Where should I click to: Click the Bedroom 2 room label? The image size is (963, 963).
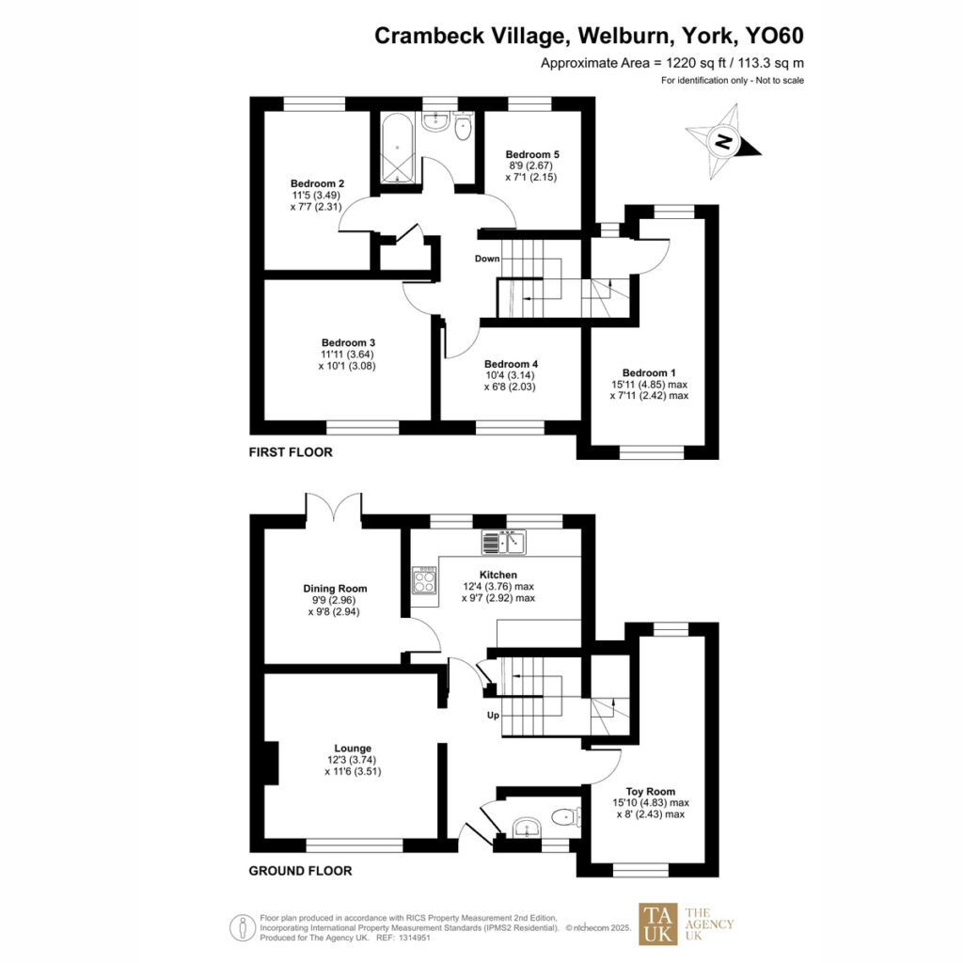coord(318,183)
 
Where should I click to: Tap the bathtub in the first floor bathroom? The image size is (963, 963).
coord(398,148)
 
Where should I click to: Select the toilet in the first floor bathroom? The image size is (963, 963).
coord(463,127)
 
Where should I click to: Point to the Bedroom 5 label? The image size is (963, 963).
coord(532,154)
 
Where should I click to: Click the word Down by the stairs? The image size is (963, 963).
coord(487,259)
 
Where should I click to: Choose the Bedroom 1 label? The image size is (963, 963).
coord(649,372)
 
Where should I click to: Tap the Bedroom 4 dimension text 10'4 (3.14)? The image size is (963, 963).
coord(510,375)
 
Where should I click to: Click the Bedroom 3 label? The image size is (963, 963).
coord(348,342)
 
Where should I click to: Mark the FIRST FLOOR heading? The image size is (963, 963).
coord(291,452)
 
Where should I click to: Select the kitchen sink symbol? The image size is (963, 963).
coord(503,542)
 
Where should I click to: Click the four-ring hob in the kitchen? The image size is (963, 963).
coord(424,580)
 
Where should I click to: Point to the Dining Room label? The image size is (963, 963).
coord(336,589)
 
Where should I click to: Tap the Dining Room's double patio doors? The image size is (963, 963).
coord(334,509)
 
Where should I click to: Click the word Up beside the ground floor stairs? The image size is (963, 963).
coord(493,716)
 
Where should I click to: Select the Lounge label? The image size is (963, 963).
coord(353,748)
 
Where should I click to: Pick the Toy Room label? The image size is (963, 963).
coord(651,792)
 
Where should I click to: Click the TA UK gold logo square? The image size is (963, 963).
coord(657,924)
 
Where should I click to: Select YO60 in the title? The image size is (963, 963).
coord(774,36)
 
